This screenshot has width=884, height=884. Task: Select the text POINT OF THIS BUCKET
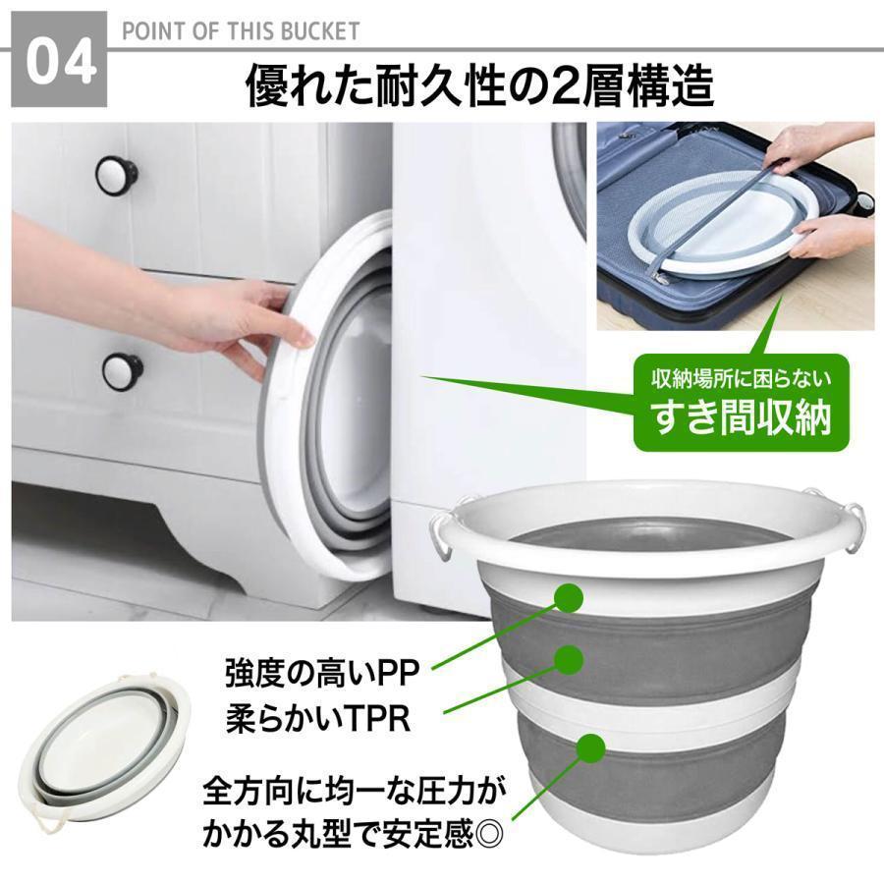click(x=241, y=31)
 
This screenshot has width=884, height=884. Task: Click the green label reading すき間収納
click(x=742, y=417)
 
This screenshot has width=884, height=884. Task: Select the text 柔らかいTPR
click(x=318, y=718)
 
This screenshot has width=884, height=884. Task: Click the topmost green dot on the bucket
click(x=569, y=597)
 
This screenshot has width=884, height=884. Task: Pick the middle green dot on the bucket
click(x=569, y=659)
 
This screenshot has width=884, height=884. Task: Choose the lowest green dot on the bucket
click(x=591, y=747)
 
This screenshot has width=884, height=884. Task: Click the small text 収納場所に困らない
click(x=742, y=378)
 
